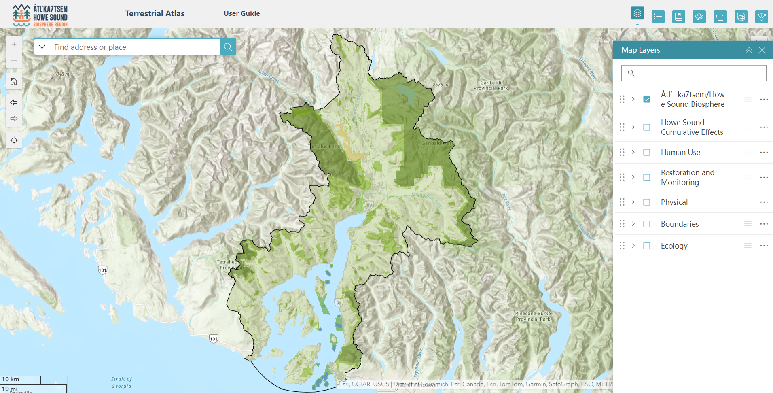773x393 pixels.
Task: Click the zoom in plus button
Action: [14, 44]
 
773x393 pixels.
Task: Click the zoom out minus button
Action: [14, 60]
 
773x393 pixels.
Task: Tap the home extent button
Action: [14, 82]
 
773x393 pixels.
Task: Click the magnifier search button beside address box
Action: [228, 47]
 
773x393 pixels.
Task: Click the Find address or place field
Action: [135, 47]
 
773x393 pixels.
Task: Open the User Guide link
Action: [242, 13]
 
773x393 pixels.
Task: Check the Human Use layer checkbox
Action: [646, 152]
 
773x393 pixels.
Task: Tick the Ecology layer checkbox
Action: [646, 246]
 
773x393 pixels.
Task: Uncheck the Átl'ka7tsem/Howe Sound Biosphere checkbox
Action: [646, 99]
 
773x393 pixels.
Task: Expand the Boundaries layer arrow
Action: [633, 224]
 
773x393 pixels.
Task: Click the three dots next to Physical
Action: [764, 202]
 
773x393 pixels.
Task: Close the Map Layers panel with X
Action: [762, 50]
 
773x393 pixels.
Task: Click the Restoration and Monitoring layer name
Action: [687, 177]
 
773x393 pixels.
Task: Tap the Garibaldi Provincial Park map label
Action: [491, 85]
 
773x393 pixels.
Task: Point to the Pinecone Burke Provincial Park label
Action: [533, 316]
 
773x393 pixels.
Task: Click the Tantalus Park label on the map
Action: [324, 147]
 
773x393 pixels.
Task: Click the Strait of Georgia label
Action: [121, 382]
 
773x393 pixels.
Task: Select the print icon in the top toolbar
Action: [720, 17]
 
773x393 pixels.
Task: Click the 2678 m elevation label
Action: [440, 85]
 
